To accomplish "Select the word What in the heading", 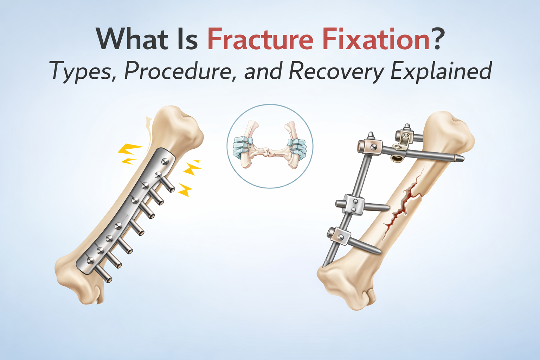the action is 131,39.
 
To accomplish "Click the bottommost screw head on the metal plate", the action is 91,260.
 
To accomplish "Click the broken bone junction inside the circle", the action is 269,152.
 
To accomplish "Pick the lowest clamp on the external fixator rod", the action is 339,237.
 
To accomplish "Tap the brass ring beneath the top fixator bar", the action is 397,159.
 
